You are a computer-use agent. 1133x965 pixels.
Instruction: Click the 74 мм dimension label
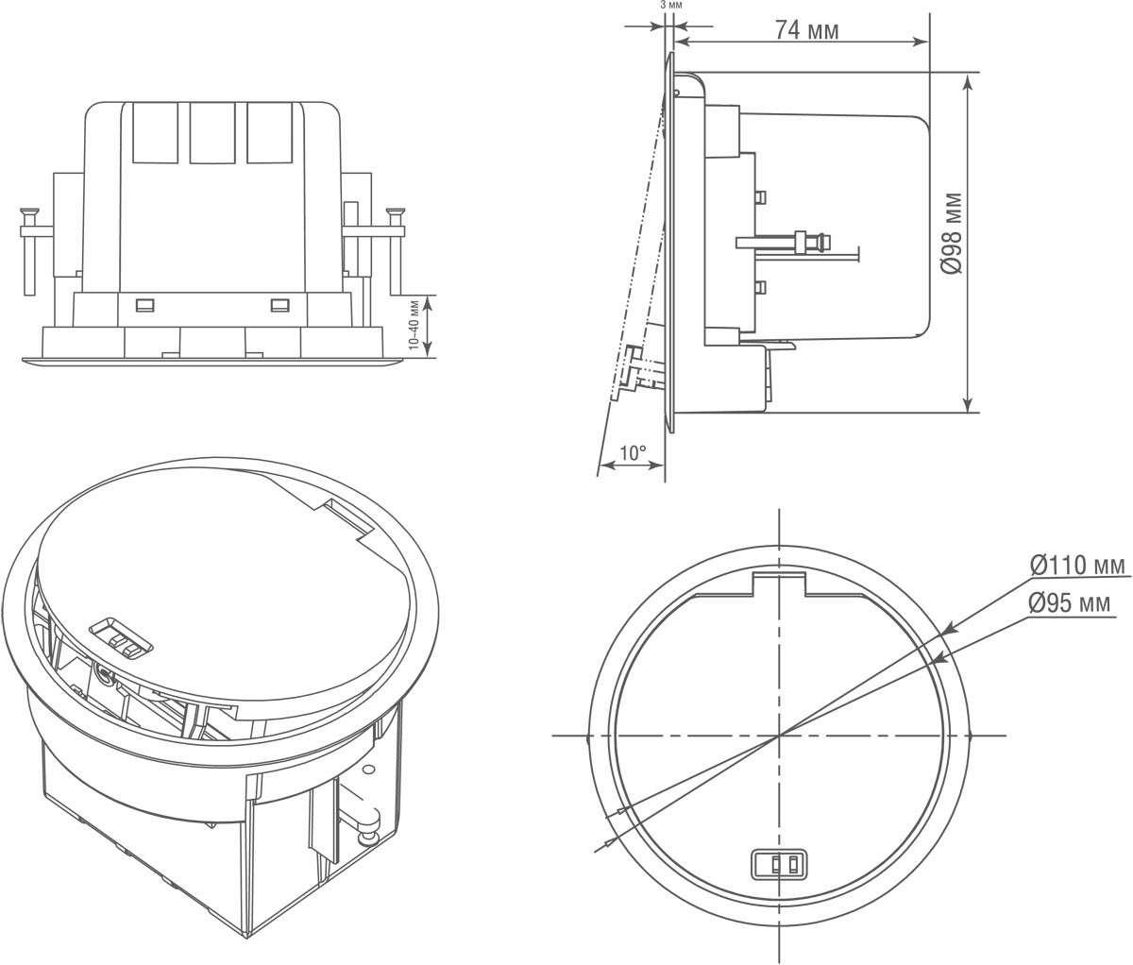806,30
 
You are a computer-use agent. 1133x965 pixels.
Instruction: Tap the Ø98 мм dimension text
952,233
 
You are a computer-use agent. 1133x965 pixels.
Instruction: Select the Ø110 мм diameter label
1077,565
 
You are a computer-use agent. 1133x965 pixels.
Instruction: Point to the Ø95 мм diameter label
1070,603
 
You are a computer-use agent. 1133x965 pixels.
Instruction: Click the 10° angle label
634,453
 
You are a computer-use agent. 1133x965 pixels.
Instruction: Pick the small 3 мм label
671,6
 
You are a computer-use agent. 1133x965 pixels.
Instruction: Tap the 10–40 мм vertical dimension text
414,325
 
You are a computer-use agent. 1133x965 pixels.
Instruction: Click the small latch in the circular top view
778,865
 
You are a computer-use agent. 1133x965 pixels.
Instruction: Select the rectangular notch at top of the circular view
779,584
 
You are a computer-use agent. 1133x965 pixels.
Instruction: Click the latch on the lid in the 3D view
120,639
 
